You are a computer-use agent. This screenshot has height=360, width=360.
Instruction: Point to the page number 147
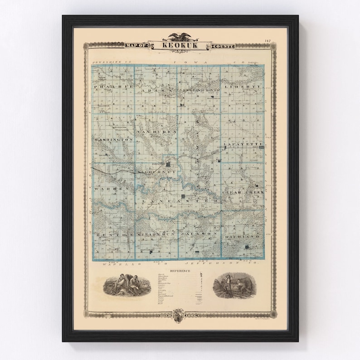(x=268, y=42)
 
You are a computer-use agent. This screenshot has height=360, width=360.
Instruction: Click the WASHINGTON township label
(x=114, y=140)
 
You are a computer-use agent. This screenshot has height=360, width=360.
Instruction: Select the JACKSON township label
(x=199, y=233)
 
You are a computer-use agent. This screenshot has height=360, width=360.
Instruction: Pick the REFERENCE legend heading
(x=180, y=271)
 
